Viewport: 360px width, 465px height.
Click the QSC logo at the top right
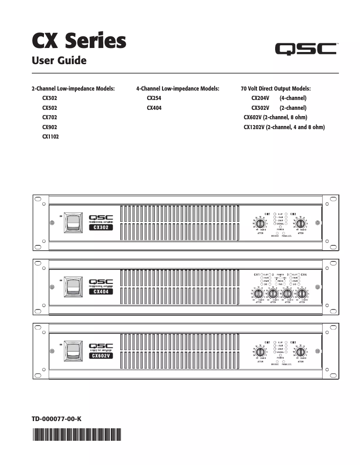(306, 48)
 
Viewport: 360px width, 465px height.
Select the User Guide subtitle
(59, 60)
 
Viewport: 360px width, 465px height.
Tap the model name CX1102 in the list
(50, 137)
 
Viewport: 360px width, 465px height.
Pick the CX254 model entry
(154, 98)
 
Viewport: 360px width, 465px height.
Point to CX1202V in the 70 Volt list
(254, 127)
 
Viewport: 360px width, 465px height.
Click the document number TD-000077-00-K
(56, 419)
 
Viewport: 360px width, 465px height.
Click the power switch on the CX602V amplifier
(72, 351)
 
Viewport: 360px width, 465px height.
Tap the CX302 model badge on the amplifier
(101, 227)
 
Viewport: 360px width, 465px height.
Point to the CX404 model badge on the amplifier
(101, 291)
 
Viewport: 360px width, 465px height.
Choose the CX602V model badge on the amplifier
(101, 356)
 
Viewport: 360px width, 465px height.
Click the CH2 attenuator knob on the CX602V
(301, 351)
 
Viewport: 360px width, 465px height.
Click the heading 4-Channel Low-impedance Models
(177, 89)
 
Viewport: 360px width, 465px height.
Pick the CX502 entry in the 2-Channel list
(49, 108)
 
